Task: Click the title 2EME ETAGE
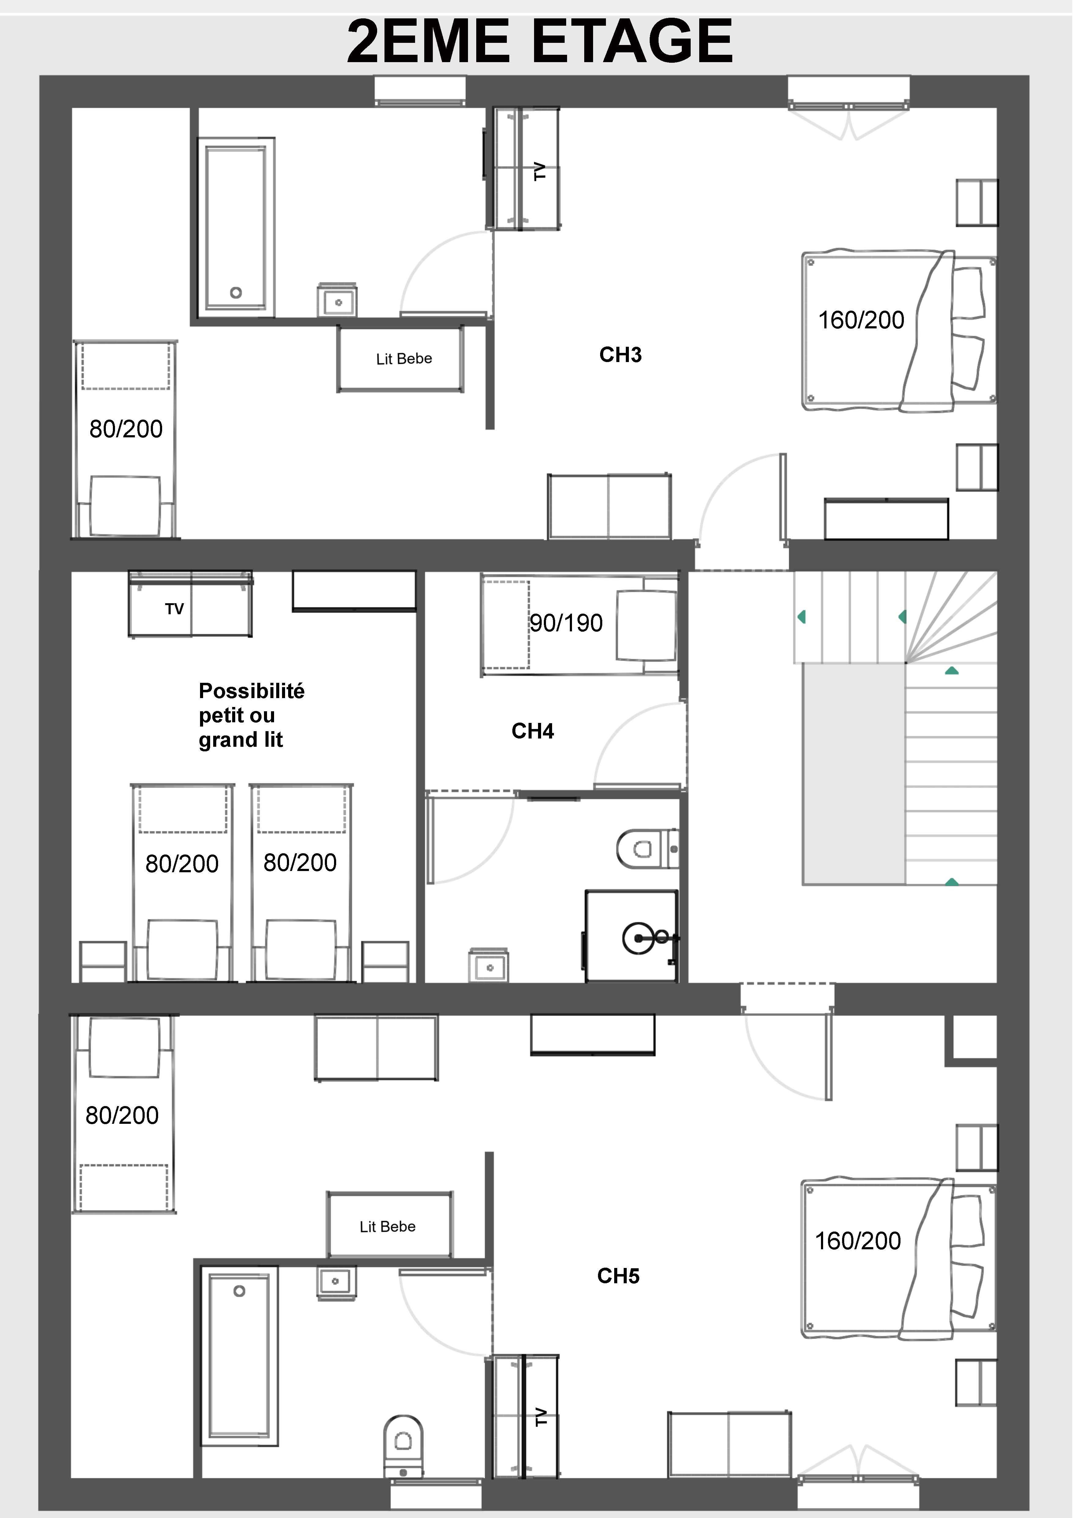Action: (x=540, y=41)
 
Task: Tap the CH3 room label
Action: (x=620, y=355)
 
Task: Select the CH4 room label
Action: (x=533, y=731)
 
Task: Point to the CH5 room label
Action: (x=618, y=1276)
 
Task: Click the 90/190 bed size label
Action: (x=566, y=623)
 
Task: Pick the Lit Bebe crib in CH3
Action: (x=400, y=358)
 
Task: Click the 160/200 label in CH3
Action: (x=861, y=320)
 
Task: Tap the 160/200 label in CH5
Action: (x=858, y=1241)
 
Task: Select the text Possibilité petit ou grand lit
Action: (x=251, y=715)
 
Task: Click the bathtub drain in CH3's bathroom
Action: (x=236, y=292)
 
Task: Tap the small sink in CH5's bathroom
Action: (x=336, y=1283)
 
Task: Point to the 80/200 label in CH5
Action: (x=122, y=1115)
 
